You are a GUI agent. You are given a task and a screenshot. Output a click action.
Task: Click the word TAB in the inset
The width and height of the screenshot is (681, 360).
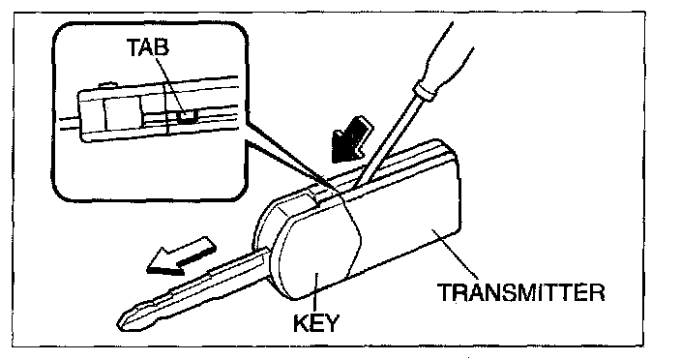pyautogui.click(x=147, y=46)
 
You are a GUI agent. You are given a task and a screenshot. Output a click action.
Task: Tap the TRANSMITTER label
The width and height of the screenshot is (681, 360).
pyautogui.click(x=520, y=292)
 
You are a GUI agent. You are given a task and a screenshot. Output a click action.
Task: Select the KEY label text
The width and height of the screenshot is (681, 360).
pyautogui.click(x=315, y=323)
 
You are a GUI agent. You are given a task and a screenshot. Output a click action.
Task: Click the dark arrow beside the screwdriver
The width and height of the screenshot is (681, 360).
pyautogui.click(x=351, y=139)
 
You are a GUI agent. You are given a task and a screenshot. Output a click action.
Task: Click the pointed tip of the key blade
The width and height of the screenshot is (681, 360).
pyautogui.click(x=119, y=323)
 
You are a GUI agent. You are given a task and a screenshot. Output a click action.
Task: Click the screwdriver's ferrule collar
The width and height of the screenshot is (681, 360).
pyautogui.click(x=423, y=90)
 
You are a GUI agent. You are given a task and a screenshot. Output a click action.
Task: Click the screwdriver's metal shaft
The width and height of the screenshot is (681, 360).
pyautogui.click(x=387, y=143)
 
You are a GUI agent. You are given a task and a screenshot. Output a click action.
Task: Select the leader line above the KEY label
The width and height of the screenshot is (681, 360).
pyautogui.click(x=315, y=293)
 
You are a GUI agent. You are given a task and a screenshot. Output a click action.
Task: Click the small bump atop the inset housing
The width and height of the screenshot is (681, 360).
pyautogui.click(x=108, y=85)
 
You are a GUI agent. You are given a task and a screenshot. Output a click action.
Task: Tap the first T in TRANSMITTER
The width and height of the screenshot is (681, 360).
pyautogui.click(x=445, y=292)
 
